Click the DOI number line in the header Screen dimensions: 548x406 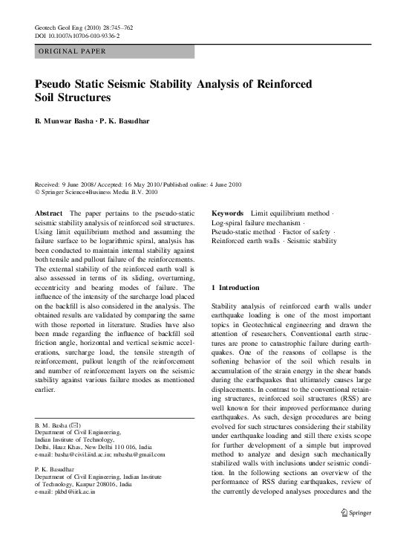tap(77, 36)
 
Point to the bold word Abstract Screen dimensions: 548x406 tap(49, 192)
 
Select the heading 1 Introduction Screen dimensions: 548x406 tap(235, 287)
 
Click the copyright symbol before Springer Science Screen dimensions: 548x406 tap(39, 171)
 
